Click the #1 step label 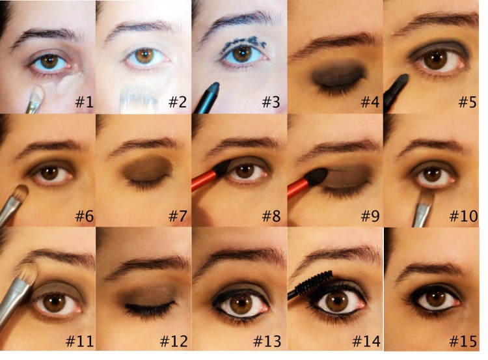coord(82,102)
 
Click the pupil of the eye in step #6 coord(49,174)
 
